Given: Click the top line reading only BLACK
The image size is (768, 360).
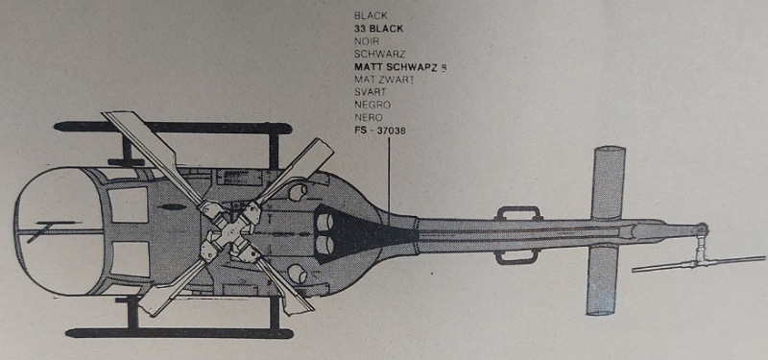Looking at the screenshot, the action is pos(371,16).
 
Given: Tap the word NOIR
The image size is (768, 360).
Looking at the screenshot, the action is pos(367,42).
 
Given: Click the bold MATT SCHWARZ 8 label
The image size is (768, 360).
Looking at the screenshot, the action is pos(400,67).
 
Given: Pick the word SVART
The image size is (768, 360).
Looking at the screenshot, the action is pos(370,92).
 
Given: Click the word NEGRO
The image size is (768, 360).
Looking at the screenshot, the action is pos(372,104).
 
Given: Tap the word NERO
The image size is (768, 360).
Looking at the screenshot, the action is pos(369,116).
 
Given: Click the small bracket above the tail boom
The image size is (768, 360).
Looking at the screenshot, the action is pos(518,212).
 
